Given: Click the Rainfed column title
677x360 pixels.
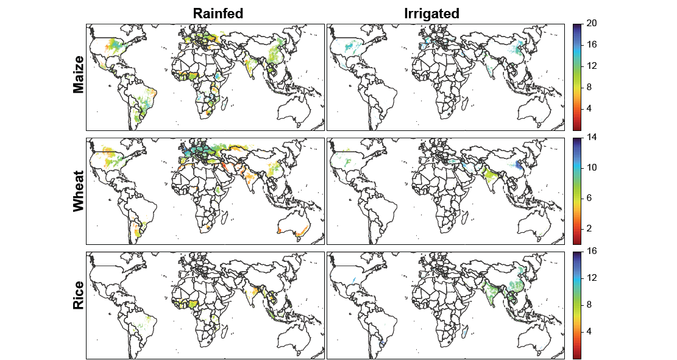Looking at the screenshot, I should pos(218,13).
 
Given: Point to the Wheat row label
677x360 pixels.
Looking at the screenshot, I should pos(78,191).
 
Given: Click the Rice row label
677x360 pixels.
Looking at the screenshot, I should pos(78,305).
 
